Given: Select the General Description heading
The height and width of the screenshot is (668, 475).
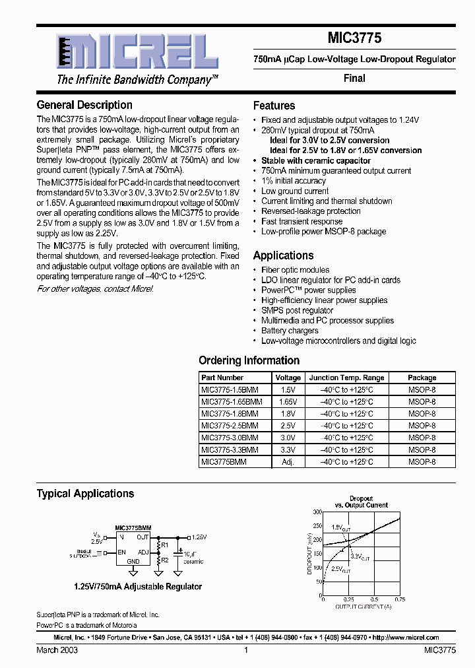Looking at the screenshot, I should [84, 105].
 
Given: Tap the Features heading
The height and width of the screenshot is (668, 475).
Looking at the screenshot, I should [274, 106].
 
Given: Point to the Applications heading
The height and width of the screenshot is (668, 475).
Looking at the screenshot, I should [283, 255].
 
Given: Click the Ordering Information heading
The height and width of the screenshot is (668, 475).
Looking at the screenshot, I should [249, 360].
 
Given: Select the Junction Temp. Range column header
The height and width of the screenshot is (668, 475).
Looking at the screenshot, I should [346, 378].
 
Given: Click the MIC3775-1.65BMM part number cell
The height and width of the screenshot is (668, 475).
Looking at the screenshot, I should [231, 401].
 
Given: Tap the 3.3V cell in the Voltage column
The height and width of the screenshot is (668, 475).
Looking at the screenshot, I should [287, 450].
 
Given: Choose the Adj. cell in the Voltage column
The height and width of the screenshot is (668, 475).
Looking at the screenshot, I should [287, 462].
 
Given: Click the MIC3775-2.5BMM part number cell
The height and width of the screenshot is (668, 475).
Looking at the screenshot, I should [230, 426].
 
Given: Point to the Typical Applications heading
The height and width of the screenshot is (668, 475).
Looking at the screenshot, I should [85, 494].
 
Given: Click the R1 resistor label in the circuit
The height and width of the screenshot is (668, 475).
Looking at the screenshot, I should [165, 545].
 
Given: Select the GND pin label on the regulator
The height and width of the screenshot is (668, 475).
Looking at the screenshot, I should [133, 561].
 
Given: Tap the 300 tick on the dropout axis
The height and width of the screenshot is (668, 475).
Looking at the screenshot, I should [317, 512].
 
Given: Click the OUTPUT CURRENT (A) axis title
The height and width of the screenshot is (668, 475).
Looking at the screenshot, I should [363, 606].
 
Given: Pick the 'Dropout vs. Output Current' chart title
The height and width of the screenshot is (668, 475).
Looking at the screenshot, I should [361, 502].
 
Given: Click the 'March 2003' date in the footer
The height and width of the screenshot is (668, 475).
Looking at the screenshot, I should [57, 650].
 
